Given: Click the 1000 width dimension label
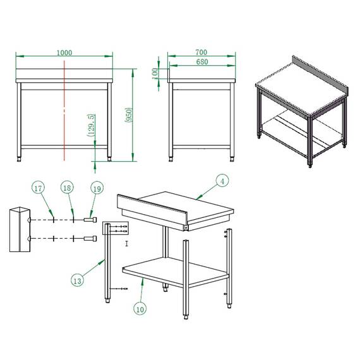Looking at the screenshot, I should [64, 52].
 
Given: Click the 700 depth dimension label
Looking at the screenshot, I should [201, 52].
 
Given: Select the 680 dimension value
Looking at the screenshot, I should [201, 62].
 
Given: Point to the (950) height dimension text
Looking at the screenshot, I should [129, 114].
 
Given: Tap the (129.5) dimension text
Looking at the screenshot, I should [92, 125].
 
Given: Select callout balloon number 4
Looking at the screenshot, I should [222, 181].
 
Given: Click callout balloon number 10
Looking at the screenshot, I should [140, 309].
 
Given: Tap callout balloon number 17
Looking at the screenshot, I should [39, 188].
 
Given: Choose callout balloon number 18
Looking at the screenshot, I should [67, 188].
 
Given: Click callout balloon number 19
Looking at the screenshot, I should [97, 188].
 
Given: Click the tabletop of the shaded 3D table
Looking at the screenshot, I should [297, 94].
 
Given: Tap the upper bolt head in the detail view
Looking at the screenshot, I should [94, 219].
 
